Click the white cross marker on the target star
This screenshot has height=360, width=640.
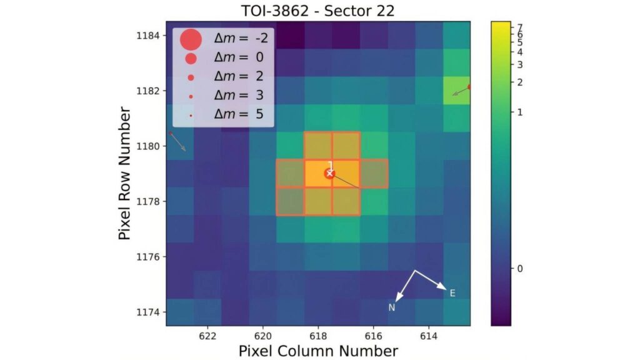point(330,173)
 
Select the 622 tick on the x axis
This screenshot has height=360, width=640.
point(207,336)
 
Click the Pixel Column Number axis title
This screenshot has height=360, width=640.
point(318,351)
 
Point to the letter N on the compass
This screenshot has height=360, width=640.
point(392,307)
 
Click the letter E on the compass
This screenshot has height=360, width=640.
point(452,293)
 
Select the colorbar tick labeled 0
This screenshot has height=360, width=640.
point(520,268)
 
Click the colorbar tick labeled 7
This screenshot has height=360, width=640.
point(520,27)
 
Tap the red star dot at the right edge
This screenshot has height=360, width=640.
point(469,87)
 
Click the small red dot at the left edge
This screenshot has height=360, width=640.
point(171,133)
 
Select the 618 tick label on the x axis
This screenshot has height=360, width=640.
point(318,336)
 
